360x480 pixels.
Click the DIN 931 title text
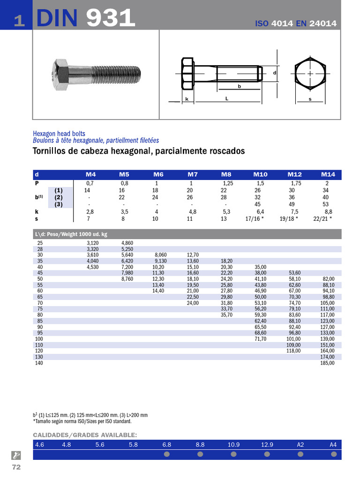(85, 17)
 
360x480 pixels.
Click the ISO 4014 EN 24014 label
(295, 23)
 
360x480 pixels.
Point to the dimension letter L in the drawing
(226, 98)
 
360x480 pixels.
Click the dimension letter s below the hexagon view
(310, 99)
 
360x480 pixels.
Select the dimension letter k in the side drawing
(187, 99)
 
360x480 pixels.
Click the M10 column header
(260, 174)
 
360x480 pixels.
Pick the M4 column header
(90, 174)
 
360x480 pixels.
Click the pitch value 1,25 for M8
(228, 183)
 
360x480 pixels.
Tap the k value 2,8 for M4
(90, 211)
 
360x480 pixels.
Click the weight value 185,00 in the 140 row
(327, 363)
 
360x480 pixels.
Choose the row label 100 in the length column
(39, 338)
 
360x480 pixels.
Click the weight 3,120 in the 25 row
(93, 243)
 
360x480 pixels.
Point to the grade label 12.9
(267, 444)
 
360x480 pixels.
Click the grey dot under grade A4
(334, 454)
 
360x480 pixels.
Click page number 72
(16, 467)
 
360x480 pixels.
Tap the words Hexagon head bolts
(59, 134)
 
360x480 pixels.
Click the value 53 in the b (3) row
(326, 204)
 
